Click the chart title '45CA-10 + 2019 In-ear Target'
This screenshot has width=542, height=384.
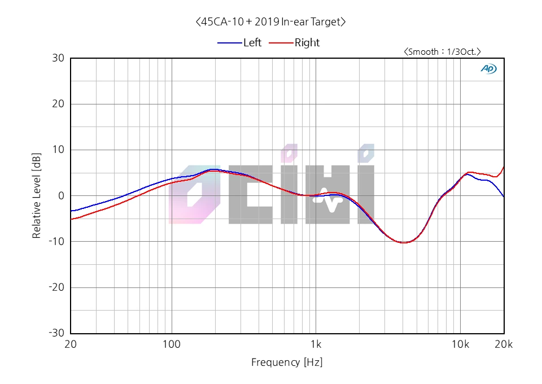(270, 22)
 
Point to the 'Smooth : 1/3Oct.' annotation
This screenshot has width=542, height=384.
(442, 51)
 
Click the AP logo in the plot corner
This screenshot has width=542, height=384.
(488, 68)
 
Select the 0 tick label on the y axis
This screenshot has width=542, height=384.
(61, 195)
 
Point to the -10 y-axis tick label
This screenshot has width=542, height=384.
(56, 241)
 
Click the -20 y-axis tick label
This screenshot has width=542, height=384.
(56, 287)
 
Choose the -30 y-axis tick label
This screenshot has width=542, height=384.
(56, 333)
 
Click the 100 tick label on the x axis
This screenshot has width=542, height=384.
(172, 344)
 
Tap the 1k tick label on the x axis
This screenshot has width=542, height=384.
(316, 344)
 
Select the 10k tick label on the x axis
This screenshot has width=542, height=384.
(460, 344)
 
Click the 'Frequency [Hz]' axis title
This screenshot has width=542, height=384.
(287, 363)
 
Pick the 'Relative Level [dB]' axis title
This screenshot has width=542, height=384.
(37, 195)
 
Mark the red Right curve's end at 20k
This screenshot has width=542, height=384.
(504, 166)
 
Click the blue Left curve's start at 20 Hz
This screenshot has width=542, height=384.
(71, 211)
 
